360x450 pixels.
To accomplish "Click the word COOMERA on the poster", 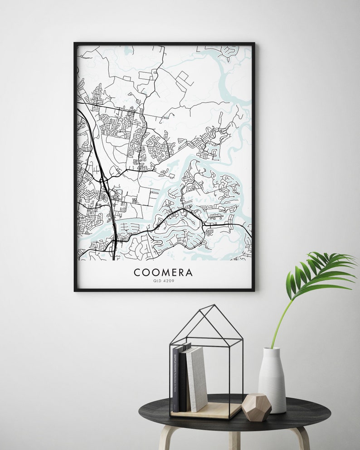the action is click(163, 272).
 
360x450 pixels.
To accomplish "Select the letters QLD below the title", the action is click(157, 281).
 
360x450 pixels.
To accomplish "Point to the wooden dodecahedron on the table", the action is click(256, 407).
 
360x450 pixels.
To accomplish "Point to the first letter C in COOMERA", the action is click(136, 272).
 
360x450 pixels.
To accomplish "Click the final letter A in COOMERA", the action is click(189, 272).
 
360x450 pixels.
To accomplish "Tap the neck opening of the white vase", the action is click(272, 349).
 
